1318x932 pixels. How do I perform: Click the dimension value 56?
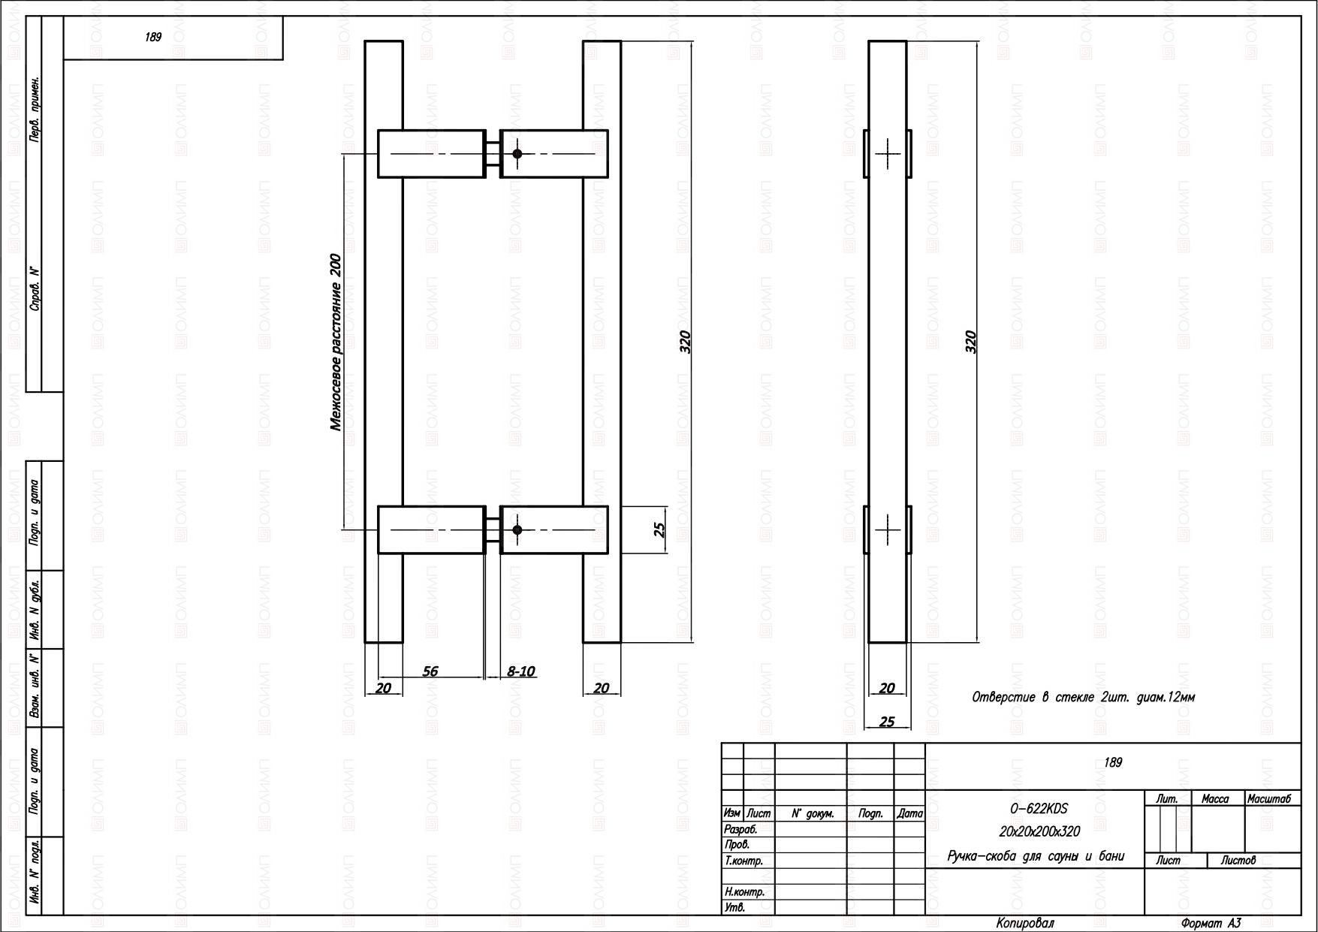430,671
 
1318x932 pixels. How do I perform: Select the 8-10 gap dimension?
521,671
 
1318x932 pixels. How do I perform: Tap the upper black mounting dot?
517,154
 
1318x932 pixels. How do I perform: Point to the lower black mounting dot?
517,530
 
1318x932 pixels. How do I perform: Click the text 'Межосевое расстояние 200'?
336,342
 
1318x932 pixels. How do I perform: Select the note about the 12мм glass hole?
1084,697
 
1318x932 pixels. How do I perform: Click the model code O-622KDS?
1039,809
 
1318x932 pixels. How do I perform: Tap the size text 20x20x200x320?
1039,831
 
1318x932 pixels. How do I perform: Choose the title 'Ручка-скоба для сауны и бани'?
1036,856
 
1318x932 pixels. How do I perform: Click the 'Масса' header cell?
1215,799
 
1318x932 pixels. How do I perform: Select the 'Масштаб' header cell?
1269,799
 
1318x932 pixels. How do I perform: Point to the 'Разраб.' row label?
740,830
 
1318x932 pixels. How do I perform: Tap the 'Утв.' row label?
734,908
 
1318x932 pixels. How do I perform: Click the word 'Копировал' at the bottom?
1025,923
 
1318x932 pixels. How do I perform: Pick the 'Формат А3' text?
1211,924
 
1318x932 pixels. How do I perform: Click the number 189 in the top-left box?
153,37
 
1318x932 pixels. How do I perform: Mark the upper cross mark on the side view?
888,154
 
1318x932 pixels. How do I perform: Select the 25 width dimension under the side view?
887,722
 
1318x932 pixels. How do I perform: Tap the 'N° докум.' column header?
813,813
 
